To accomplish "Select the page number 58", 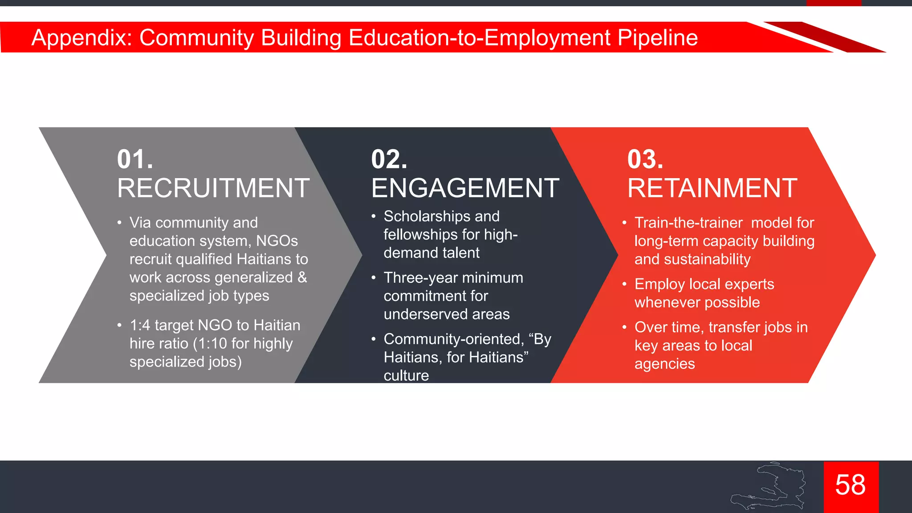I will tap(850, 485).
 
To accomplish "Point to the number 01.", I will tap(135, 159).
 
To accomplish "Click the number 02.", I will tap(389, 159).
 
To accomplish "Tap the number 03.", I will tap(645, 159).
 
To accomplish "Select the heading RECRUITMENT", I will tap(213, 188).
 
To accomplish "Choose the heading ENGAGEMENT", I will tap(465, 188).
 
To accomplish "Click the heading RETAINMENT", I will tap(712, 188).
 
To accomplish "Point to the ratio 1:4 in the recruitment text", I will tap(140, 326).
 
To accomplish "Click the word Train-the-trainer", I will tap(688, 223).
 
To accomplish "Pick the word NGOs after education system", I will tap(277, 241).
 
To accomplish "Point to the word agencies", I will tap(664, 364).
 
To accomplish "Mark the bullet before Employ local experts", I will tap(624, 284).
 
